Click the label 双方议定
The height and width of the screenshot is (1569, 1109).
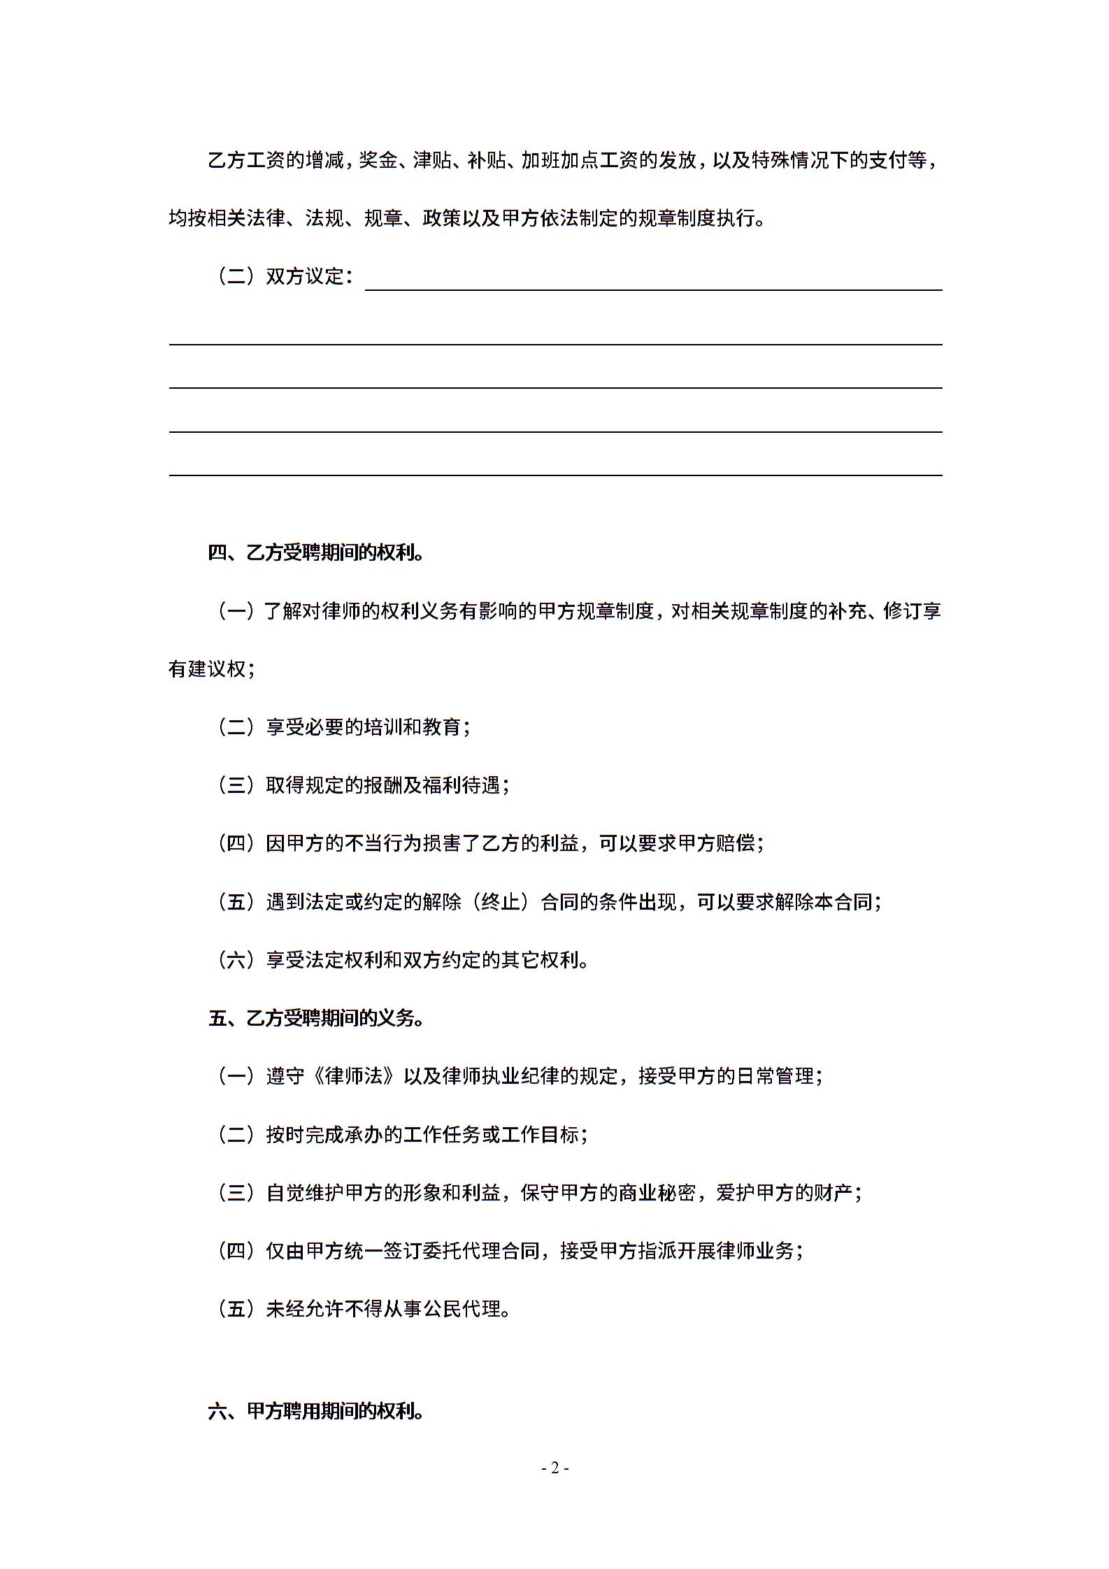click(x=306, y=277)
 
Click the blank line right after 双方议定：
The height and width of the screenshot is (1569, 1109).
click(x=653, y=280)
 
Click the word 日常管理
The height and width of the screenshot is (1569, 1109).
click(x=775, y=1076)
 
